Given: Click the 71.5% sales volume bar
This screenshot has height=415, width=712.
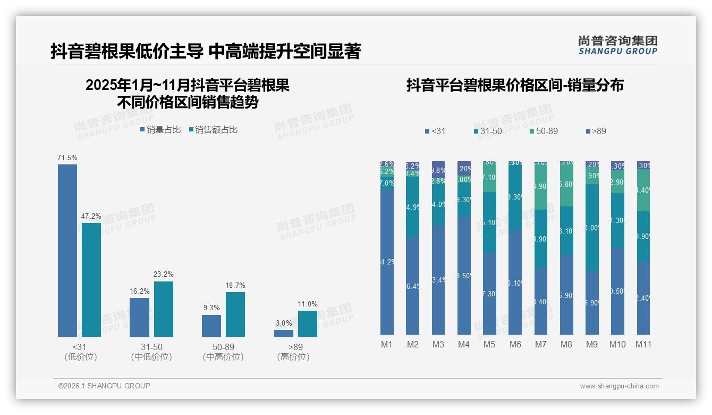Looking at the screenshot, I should (67, 250).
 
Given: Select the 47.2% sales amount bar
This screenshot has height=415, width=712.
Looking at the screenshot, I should (91, 279).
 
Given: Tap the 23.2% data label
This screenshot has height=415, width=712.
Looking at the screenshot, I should (164, 275).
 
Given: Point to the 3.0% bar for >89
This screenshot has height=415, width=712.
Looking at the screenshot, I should (284, 333).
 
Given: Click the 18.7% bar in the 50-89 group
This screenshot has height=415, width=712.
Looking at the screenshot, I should (235, 314).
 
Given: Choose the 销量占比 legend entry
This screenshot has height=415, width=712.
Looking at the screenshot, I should (160, 130).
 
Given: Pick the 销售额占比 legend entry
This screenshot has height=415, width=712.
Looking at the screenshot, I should (213, 130).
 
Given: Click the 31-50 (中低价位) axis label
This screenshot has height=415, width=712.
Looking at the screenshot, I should (151, 352).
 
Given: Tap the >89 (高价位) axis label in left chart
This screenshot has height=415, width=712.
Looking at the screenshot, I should (293, 352).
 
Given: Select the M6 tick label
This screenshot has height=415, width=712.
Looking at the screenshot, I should (515, 345).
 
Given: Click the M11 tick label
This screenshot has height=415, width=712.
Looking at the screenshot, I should (643, 345).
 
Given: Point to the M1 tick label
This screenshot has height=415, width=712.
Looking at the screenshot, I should (387, 345).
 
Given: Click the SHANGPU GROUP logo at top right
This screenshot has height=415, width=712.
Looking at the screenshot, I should (617, 45).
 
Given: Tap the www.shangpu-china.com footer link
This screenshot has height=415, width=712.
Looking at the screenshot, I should (619, 386).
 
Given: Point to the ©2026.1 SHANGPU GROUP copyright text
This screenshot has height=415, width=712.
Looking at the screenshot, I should (104, 386).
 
